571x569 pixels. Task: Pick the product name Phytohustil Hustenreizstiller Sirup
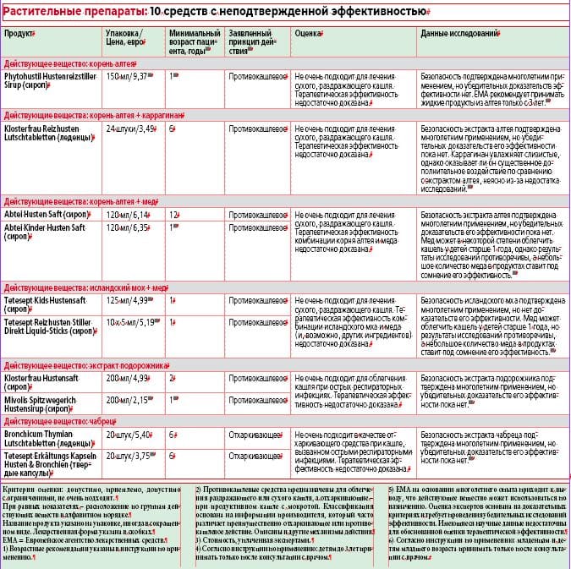(51, 80)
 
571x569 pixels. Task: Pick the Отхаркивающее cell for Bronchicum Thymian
(256, 434)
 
